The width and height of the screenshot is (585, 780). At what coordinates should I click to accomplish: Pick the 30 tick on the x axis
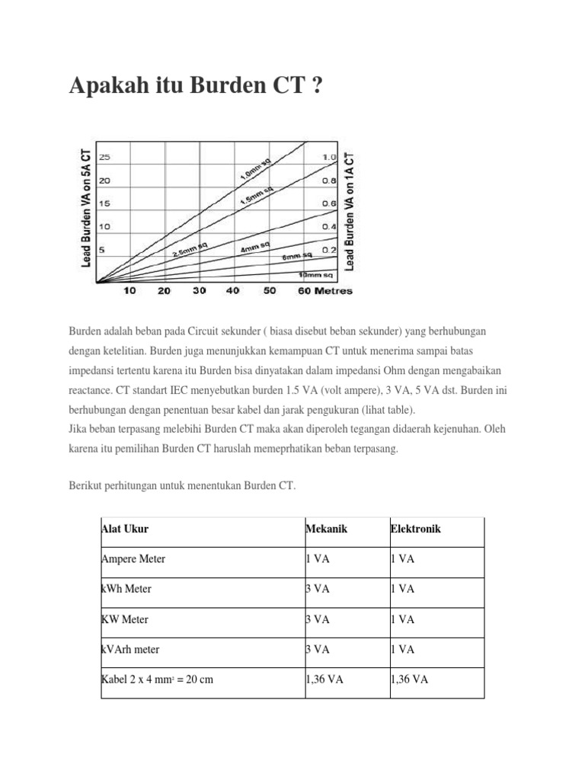click(200, 291)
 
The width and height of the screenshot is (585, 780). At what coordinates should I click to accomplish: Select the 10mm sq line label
click(315, 273)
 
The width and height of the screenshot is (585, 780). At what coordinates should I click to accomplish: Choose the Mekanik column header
click(326, 529)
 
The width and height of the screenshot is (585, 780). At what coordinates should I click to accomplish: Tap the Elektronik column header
click(415, 529)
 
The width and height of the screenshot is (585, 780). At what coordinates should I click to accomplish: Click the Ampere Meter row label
click(133, 559)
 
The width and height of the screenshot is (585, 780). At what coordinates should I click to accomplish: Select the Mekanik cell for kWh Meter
click(318, 589)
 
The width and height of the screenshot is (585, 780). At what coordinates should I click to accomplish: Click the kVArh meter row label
click(130, 650)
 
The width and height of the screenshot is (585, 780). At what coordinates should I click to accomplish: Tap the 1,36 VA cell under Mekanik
click(324, 679)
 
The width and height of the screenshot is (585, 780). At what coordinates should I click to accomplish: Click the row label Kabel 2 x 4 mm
click(157, 679)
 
